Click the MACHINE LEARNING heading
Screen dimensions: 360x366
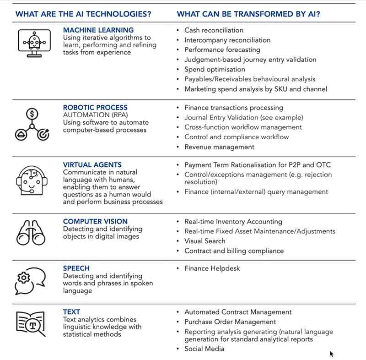click(x=98, y=30)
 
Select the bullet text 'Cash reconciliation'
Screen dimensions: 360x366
click(x=214, y=30)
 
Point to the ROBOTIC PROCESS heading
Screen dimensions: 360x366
click(x=95, y=108)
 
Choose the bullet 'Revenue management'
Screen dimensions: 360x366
click(x=219, y=147)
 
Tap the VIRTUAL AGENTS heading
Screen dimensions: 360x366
click(x=92, y=165)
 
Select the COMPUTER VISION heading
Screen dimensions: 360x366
click(x=95, y=222)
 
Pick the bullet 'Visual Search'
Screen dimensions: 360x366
click(x=205, y=241)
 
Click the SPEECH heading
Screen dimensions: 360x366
click(x=76, y=268)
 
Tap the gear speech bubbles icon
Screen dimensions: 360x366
click(x=31, y=280)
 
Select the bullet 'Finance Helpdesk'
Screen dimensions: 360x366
click(x=212, y=268)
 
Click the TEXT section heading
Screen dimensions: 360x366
click(x=71, y=312)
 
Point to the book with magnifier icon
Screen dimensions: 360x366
click(x=31, y=324)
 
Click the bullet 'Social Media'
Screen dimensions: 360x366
click(x=205, y=349)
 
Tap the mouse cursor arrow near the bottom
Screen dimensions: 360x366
click(x=332, y=354)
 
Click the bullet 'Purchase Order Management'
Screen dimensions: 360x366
click(x=230, y=322)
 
